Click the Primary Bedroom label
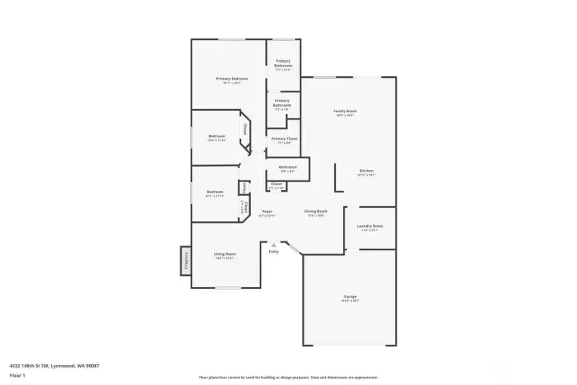point(232,79)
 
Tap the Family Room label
point(345,112)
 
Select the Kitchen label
point(366,171)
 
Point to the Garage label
point(350,298)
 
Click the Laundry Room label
point(369,227)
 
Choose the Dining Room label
point(315,213)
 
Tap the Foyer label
point(268,213)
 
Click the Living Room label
point(224,255)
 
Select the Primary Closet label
point(284,140)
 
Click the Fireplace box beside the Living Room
point(186,261)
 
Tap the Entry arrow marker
point(274,244)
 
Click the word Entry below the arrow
point(274,251)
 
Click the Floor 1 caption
point(18,375)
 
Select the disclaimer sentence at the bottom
point(288,377)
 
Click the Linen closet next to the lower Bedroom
point(242,188)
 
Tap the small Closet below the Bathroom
point(276,185)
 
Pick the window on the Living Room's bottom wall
point(228,287)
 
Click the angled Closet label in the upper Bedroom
point(244,129)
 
